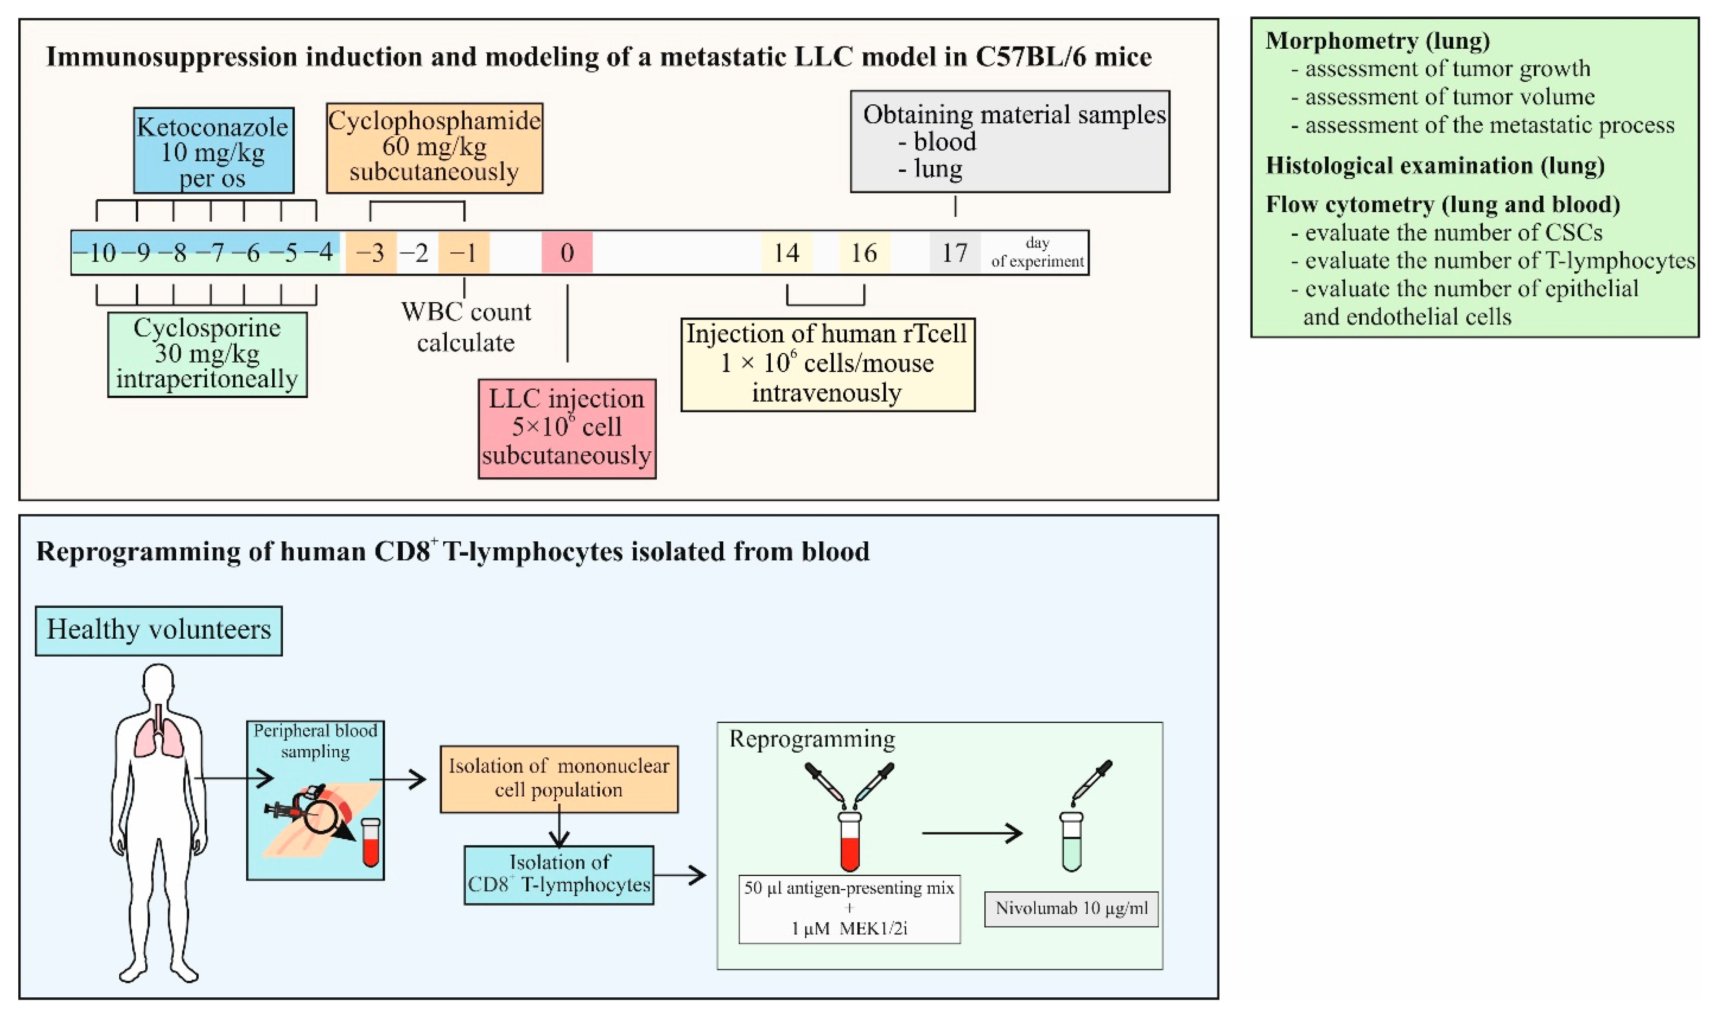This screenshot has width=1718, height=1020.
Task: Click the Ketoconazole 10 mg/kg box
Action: tap(213, 150)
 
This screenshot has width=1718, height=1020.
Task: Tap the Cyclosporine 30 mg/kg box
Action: tap(207, 354)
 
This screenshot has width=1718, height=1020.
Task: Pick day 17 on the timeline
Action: tap(954, 253)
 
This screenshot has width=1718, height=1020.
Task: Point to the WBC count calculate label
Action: tap(466, 327)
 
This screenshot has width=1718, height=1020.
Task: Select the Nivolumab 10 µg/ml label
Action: tap(1071, 909)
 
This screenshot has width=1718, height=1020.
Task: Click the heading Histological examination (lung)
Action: tap(1435, 166)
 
